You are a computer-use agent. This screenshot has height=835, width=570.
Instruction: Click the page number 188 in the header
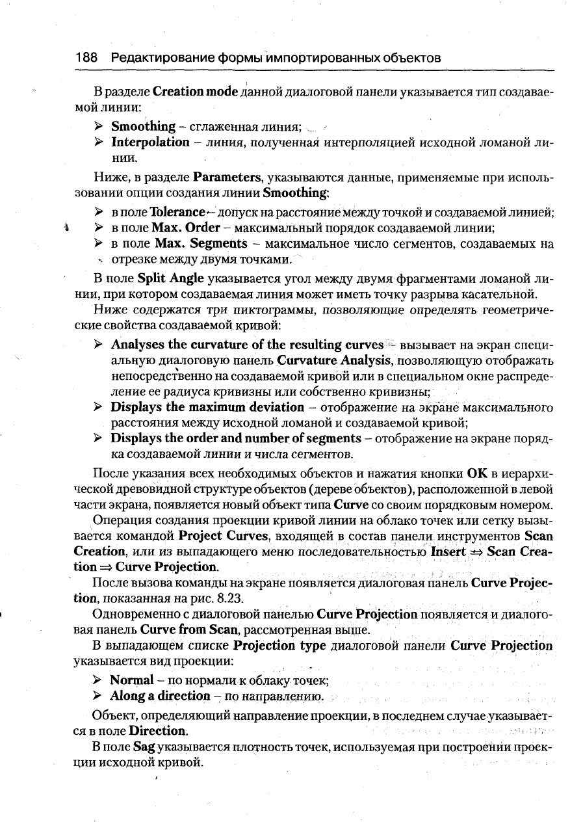tap(86, 58)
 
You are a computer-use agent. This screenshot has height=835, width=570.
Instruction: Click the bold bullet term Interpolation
tap(149, 142)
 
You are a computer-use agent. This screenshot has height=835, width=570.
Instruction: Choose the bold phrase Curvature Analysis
tap(333, 360)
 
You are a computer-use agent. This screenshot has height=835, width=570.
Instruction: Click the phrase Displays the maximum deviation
tap(207, 407)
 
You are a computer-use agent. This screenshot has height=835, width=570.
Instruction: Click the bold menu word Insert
tap(448, 551)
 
